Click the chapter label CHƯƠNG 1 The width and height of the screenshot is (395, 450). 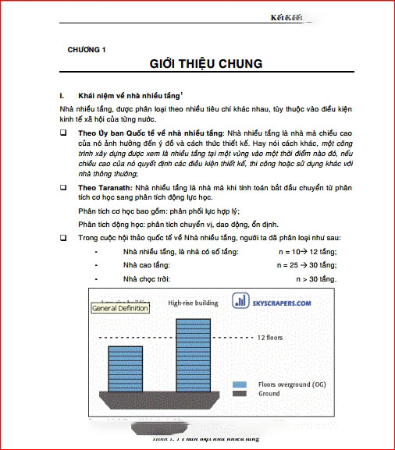(87, 49)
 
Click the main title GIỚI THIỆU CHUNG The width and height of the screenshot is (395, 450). (205, 64)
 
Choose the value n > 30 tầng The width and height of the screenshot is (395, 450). (315, 278)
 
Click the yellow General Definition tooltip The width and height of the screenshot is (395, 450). (119, 308)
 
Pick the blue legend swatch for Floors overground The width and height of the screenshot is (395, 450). (241, 384)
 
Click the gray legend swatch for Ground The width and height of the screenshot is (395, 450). (241, 394)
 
